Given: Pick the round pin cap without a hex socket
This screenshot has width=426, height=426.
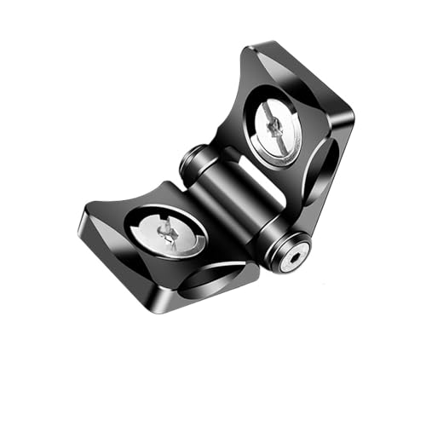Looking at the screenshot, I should (191, 158).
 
